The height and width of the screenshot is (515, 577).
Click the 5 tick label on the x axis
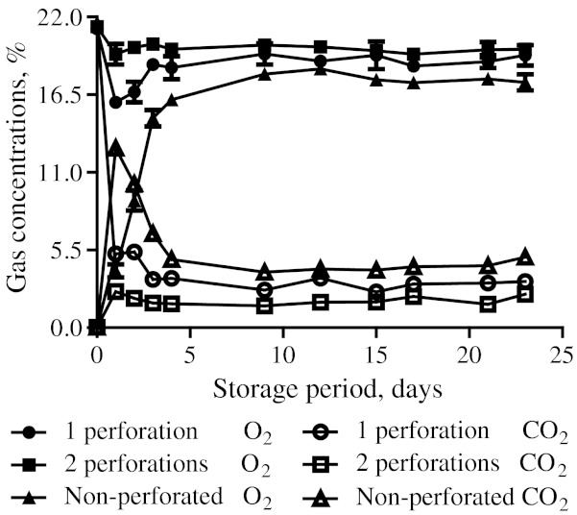[x=189, y=355]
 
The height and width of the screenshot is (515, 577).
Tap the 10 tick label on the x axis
[x=282, y=355]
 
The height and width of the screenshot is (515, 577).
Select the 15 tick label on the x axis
[x=375, y=355]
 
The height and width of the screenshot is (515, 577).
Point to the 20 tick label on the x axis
[x=469, y=355]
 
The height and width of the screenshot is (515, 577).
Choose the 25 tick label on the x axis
[x=562, y=355]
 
